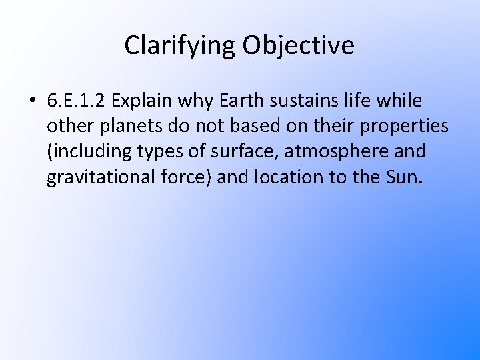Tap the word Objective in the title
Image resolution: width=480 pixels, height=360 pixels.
click(298, 45)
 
